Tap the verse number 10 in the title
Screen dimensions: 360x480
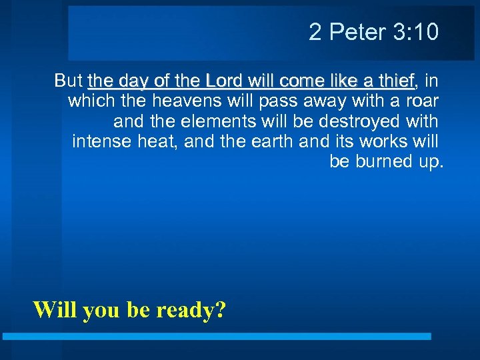point(426,32)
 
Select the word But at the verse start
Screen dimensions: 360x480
point(69,81)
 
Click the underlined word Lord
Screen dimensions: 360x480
point(226,81)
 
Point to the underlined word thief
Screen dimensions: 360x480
point(395,81)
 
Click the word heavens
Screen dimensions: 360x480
point(190,101)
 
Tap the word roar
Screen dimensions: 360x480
point(422,101)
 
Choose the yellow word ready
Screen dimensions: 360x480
point(191,310)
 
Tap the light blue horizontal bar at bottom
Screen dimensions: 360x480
point(217,337)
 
